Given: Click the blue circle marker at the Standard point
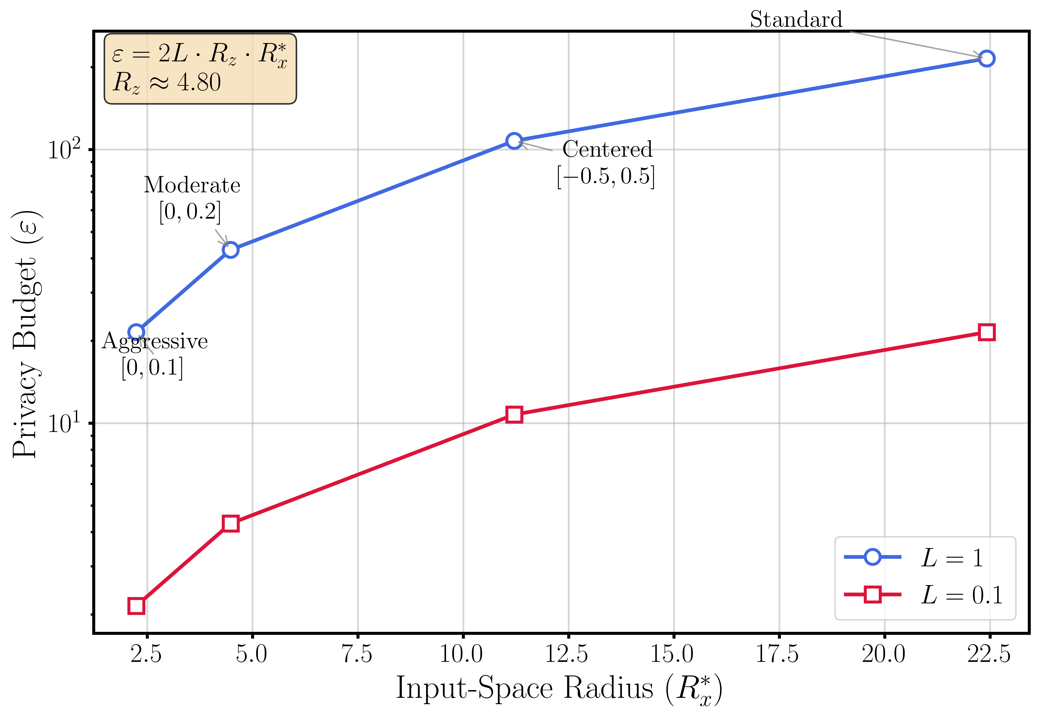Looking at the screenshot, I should (x=986, y=58).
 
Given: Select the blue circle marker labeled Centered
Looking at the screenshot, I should (x=514, y=141).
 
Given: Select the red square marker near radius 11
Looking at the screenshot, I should (x=514, y=415).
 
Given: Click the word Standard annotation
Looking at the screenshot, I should (x=796, y=20).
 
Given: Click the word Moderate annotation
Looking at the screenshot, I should (x=192, y=185).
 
